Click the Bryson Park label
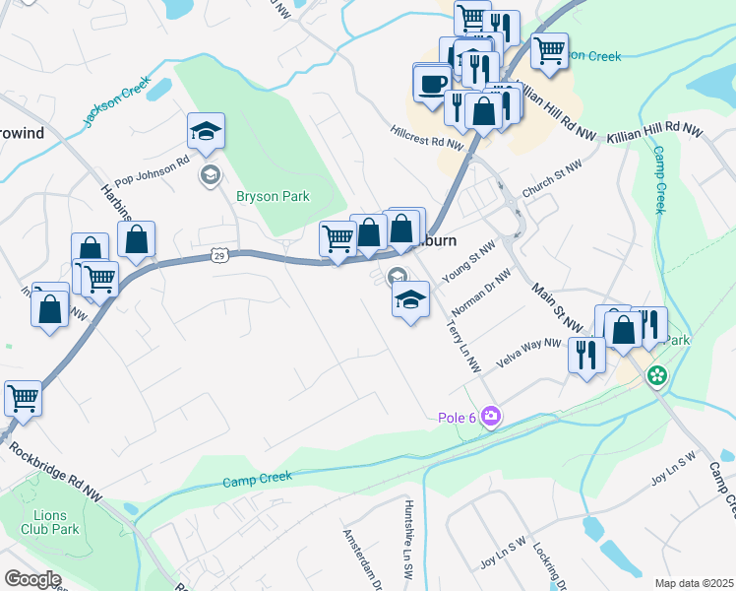click(x=273, y=196)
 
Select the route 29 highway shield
click(x=218, y=256)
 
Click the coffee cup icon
click(x=432, y=84)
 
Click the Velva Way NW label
click(x=527, y=354)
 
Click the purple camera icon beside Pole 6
click(x=490, y=418)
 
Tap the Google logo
click(x=32, y=579)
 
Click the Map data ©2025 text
click(x=694, y=583)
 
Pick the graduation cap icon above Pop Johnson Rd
click(x=207, y=130)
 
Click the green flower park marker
click(x=656, y=375)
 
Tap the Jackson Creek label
click(x=116, y=103)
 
